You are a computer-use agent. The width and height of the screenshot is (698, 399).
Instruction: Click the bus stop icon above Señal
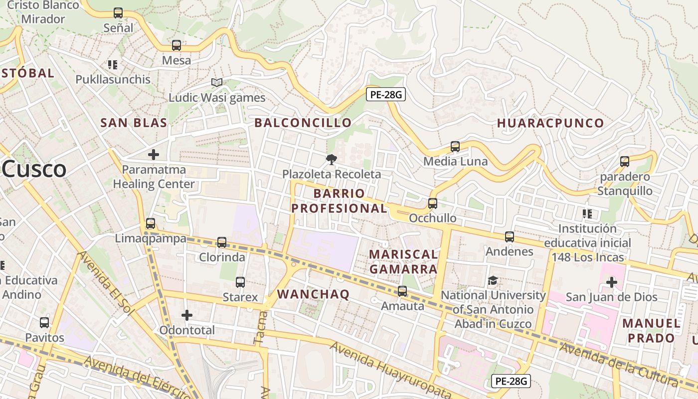118,13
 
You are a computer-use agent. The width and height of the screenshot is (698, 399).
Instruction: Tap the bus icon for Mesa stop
176,45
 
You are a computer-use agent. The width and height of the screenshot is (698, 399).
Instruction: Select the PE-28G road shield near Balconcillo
385,94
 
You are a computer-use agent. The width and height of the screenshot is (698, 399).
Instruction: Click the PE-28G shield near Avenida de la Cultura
511,381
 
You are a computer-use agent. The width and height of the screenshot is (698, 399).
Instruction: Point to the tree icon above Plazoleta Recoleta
331,160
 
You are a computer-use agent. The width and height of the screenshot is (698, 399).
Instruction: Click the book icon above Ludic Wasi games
216,82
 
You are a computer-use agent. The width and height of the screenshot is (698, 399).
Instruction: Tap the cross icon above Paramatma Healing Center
154,155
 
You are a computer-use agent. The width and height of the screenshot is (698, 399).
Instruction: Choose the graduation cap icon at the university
493,281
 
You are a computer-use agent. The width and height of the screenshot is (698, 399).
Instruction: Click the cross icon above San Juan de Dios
611,282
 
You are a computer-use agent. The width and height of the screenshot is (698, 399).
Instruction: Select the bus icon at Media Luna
455,147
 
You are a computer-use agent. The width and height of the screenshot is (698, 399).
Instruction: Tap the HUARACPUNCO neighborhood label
550,123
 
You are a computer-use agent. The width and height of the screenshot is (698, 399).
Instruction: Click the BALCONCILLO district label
303,123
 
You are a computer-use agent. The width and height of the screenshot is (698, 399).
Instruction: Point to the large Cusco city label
34,170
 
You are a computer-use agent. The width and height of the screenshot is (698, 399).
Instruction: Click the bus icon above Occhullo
433,203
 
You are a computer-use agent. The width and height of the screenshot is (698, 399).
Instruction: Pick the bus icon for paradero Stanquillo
625,162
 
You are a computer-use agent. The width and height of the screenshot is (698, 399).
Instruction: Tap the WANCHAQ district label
313,294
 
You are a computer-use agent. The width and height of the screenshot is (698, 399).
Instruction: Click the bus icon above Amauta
402,291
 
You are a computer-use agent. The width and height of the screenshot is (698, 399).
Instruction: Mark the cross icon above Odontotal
187,315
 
